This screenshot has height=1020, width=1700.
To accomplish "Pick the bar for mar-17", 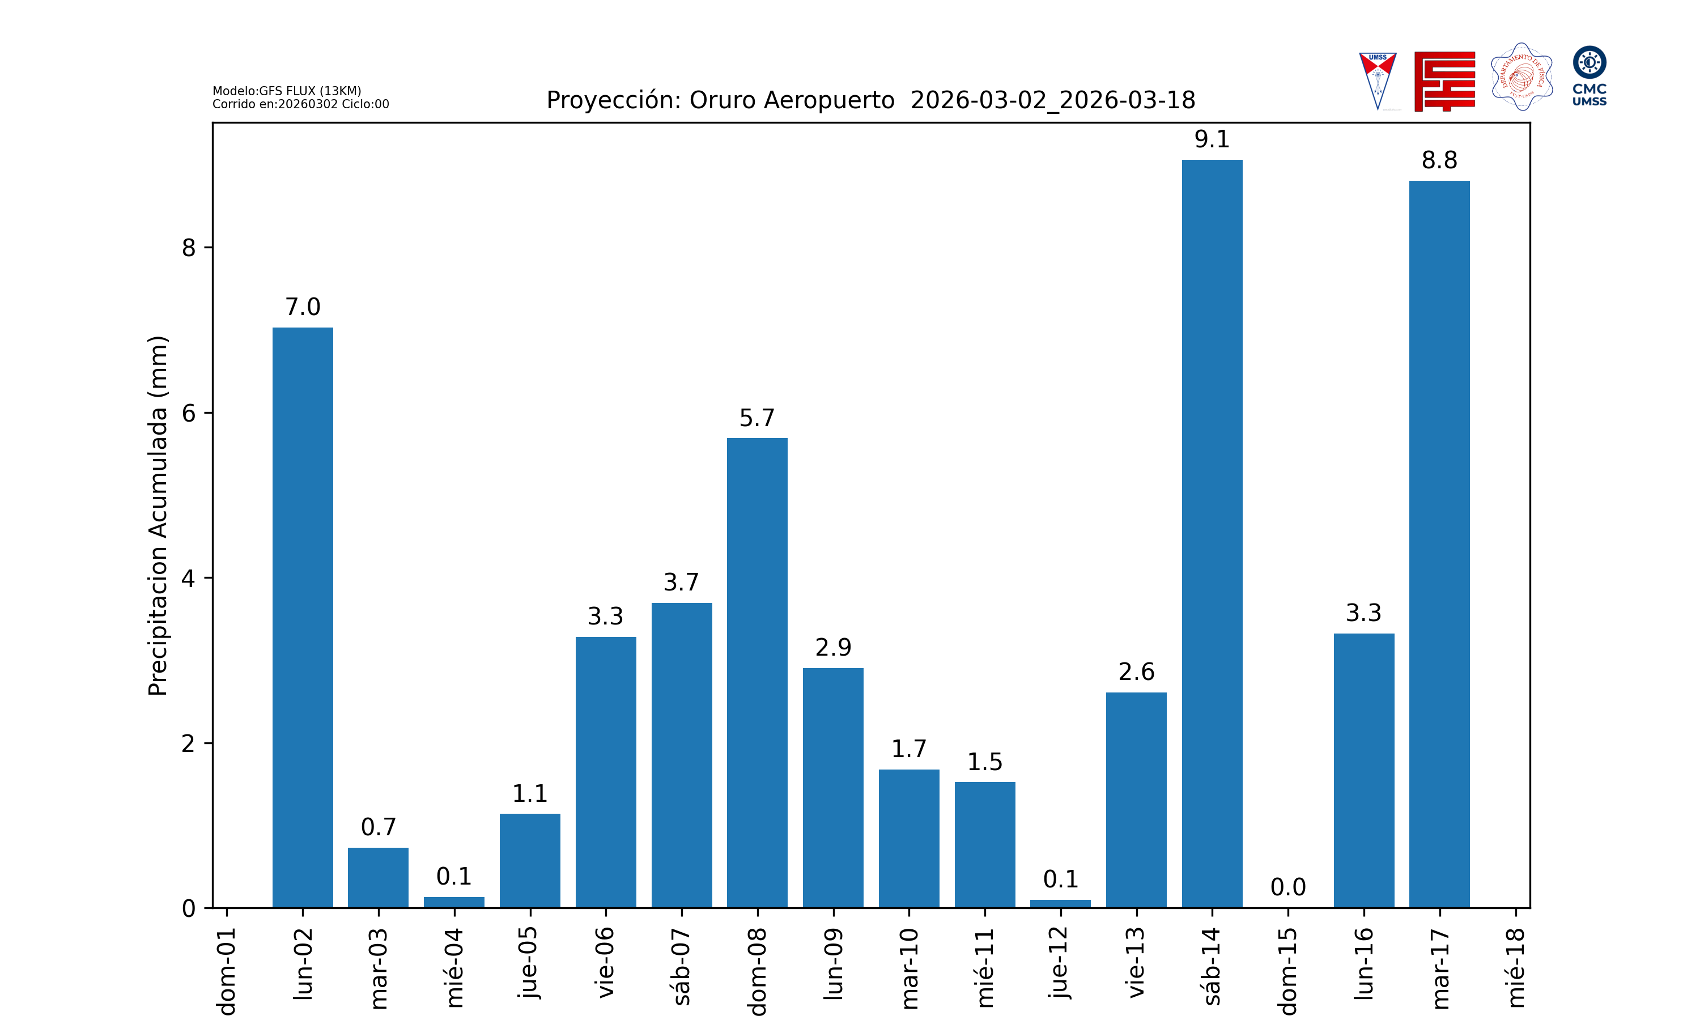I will click(1439, 543).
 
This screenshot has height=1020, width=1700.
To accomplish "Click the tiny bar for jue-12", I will click(1060, 903).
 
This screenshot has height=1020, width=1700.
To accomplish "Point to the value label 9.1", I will click(1212, 139).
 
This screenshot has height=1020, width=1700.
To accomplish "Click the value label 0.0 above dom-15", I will click(1287, 887).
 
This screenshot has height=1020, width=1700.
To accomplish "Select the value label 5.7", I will click(756, 418).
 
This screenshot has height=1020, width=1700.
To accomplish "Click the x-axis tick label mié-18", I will click(1515, 967).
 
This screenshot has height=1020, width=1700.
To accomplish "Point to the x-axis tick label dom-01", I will click(227, 971).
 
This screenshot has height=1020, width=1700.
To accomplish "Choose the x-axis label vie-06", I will click(605, 962).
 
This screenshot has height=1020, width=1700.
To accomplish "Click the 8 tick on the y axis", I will click(188, 248).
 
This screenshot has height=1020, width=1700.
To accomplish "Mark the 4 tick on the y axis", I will click(188, 578).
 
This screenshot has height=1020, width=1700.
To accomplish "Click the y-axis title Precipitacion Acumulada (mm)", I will click(158, 516).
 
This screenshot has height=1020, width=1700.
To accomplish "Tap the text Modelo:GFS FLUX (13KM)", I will click(287, 91).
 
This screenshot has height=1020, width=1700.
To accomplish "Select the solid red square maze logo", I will click(1444, 81).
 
